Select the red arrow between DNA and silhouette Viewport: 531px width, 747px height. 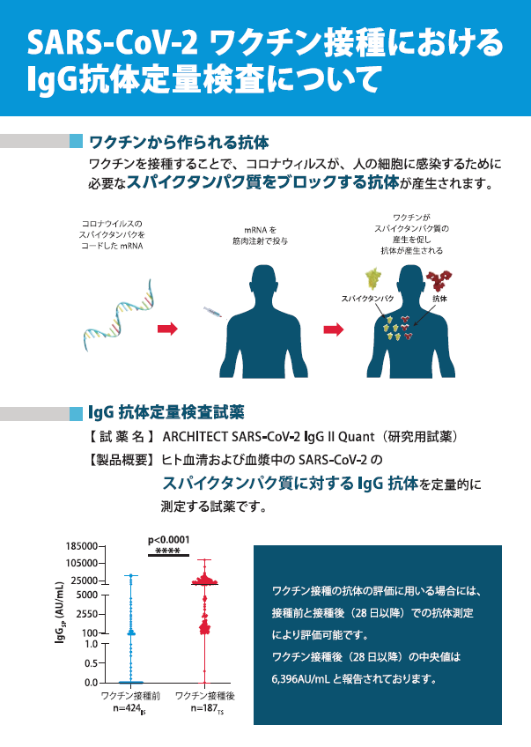click(166, 329)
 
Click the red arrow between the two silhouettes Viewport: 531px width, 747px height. click(334, 329)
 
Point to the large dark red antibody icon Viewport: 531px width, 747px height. click(439, 281)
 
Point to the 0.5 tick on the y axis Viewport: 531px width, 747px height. click(91, 663)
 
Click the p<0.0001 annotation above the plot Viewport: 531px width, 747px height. click(168, 540)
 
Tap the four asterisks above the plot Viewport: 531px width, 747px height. click(167, 551)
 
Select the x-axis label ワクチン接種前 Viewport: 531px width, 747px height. click(129, 696)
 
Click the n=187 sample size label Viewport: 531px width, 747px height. click(205, 708)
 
